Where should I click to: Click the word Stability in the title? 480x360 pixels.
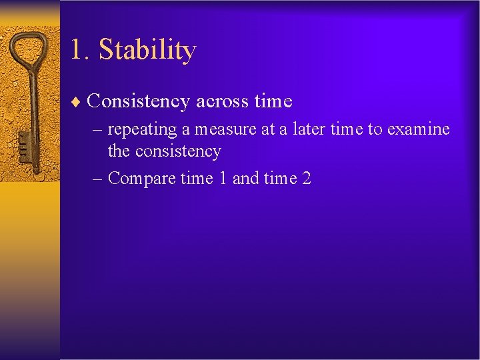coord(147,51)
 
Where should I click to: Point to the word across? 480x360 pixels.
coord(222,101)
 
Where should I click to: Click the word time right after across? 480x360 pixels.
coord(273,101)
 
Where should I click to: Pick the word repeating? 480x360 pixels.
coord(143,129)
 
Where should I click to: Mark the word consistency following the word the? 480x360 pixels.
coord(178,151)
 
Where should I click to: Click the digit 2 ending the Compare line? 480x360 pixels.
coord(307,179)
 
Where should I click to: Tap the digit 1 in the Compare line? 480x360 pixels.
coord(223,179)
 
